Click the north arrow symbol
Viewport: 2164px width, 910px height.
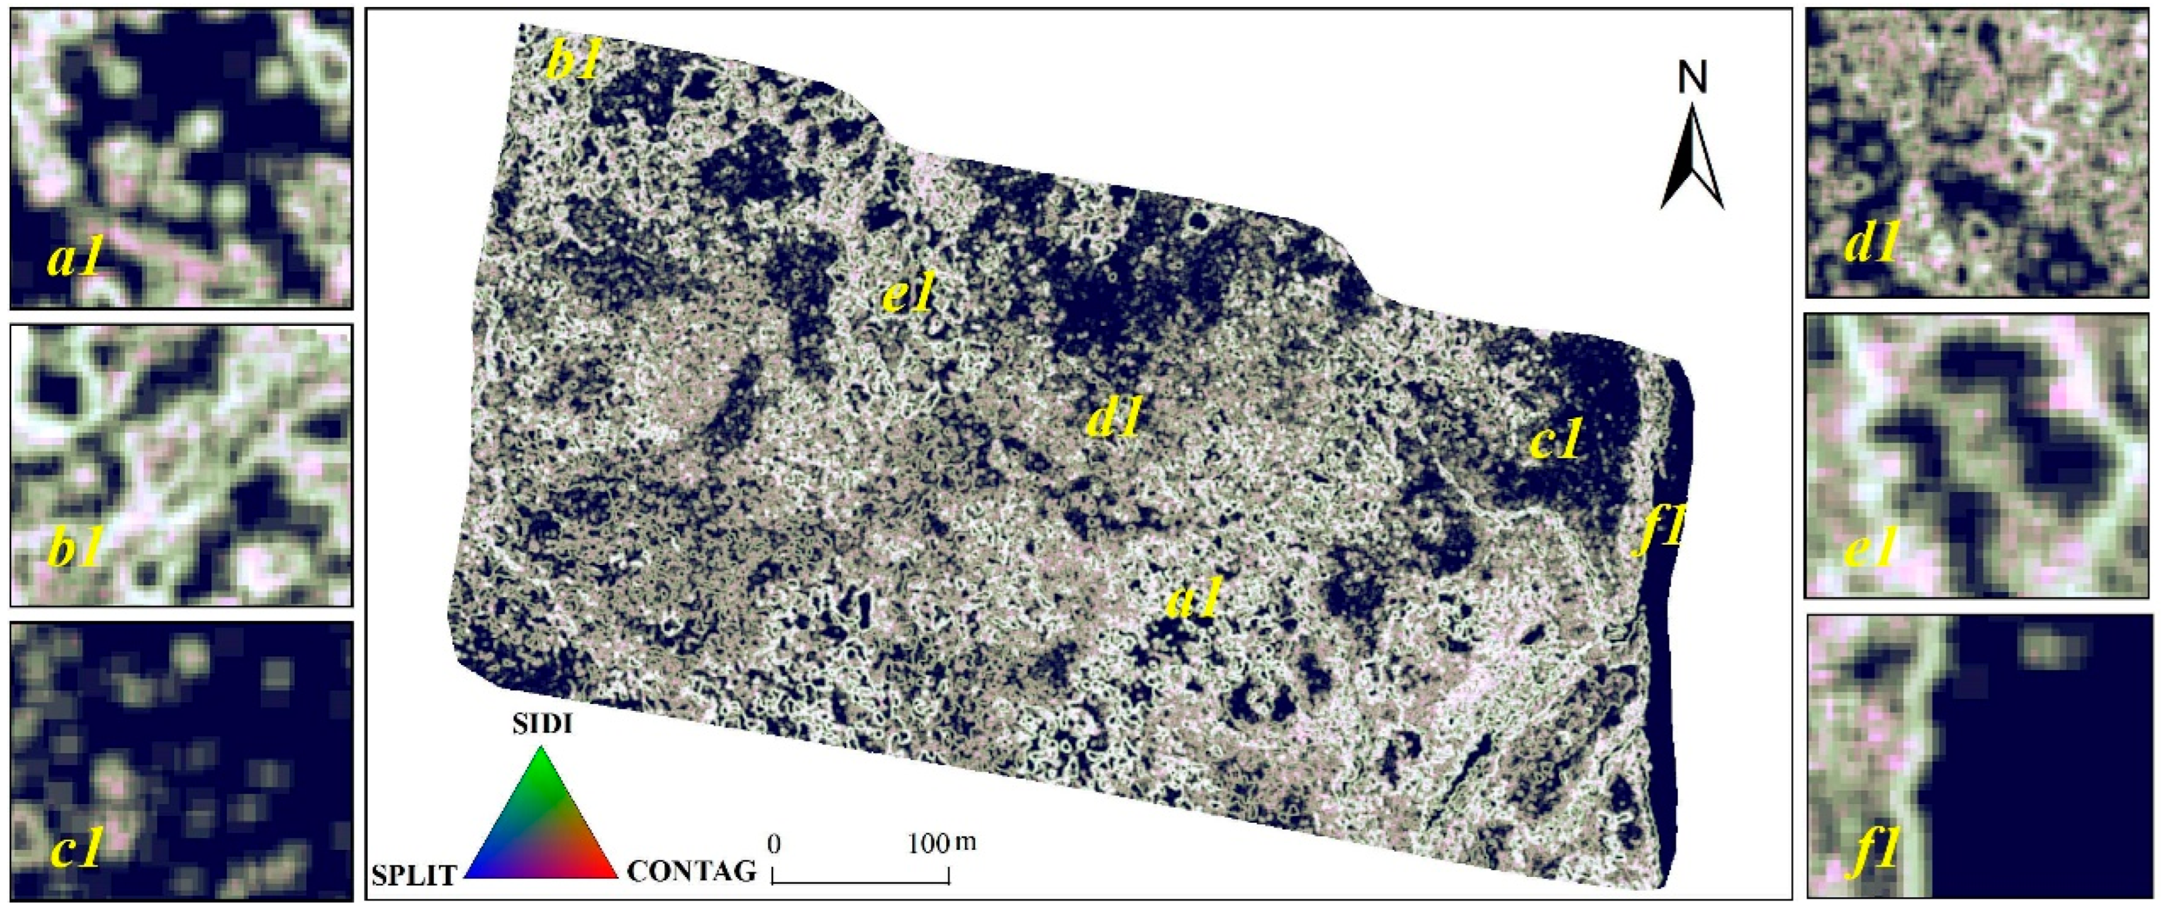1692,160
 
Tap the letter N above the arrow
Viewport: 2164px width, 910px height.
1693,80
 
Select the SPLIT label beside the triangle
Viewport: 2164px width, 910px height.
414,875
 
